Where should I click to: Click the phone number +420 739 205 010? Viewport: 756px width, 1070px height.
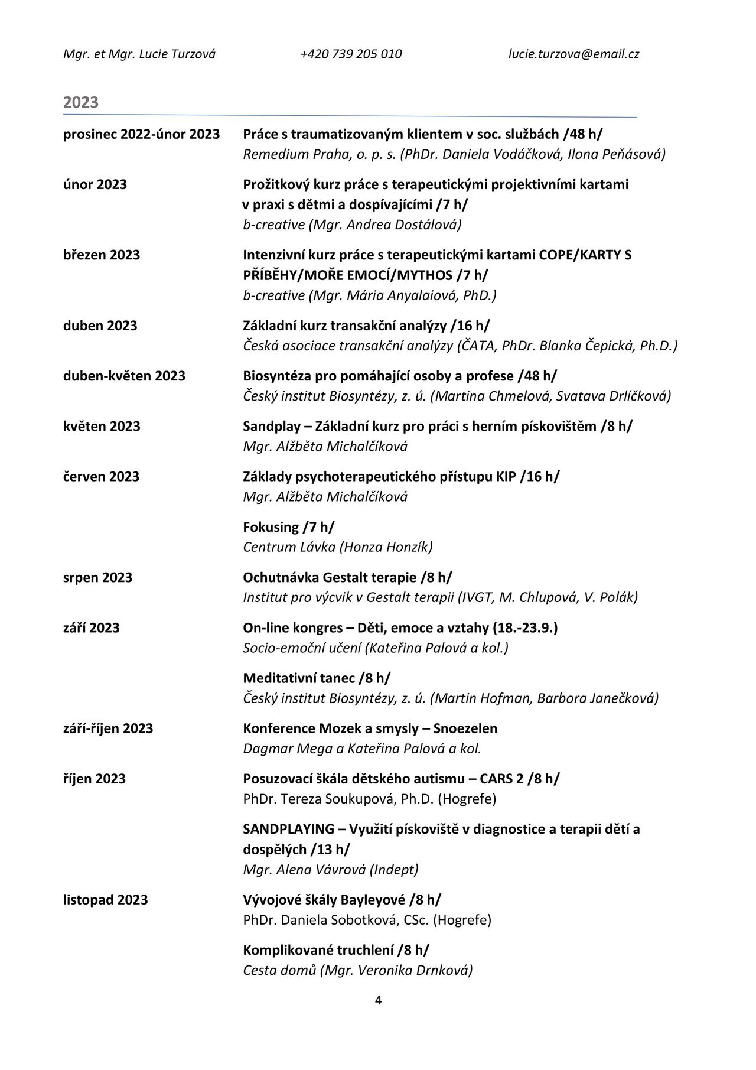point(351,54)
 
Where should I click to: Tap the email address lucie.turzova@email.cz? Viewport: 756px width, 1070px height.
point(573,54)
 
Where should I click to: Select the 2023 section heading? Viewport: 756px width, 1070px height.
point(81,102)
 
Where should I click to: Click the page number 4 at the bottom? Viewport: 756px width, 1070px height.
point(378,1000)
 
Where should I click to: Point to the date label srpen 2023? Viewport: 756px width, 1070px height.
point(97,577)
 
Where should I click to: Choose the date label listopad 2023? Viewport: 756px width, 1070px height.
point(105,900)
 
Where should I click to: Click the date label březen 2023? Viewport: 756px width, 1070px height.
point(102,255)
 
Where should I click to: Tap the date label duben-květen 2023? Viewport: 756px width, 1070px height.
point(124,376)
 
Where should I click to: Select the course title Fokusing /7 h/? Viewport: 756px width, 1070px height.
point(288,527)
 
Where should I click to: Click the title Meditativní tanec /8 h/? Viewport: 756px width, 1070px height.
point(317,678)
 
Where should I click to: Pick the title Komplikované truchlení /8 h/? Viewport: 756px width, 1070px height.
point(336,950)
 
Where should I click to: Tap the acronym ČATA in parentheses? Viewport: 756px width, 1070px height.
point(477,346)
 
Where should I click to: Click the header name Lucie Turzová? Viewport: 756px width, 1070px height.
point(177,54)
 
